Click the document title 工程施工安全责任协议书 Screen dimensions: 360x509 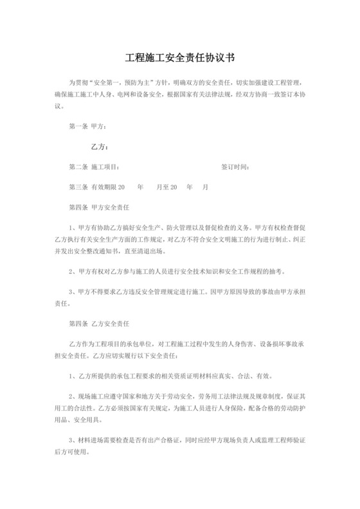[179, 58]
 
